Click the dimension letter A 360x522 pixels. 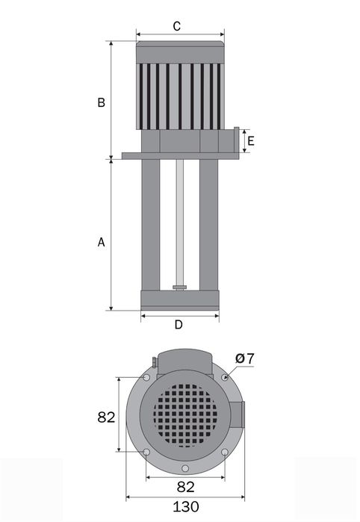click(101, 243)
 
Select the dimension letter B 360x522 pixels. click(101, 103)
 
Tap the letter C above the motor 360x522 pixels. click(177, 26)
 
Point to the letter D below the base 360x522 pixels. click(179, 324)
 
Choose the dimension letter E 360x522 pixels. click(251, 140)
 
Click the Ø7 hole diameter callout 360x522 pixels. click(244, 359)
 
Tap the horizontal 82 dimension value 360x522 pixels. click(187, 487)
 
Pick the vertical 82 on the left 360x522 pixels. click(107, 417)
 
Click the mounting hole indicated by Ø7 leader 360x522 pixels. click(223, 378)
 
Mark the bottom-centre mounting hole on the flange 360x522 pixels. click(185, 469)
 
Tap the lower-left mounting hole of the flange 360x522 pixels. click(146, 453)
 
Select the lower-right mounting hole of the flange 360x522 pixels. click(226, 453)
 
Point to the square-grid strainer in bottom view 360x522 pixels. click(186, 415)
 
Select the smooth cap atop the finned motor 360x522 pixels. click(181, 52)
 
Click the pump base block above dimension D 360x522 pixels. click(179, 299)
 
